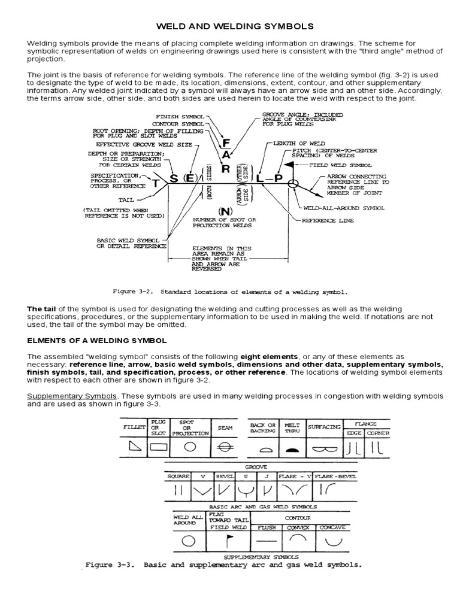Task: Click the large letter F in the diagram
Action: tap(226, 143)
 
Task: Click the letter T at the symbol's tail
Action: tap(156, 183)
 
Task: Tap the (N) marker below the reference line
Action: tap(225, 211)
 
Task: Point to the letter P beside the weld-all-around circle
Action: tap(277, 179)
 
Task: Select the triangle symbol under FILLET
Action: tap(134, 445)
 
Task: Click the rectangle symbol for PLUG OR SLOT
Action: tap(159, 446)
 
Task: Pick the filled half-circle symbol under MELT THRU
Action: tap(292, 447)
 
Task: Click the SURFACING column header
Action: tap(324, 427)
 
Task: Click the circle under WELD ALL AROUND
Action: tap(188, 541)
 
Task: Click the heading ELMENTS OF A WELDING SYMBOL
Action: tap(96, 340)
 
